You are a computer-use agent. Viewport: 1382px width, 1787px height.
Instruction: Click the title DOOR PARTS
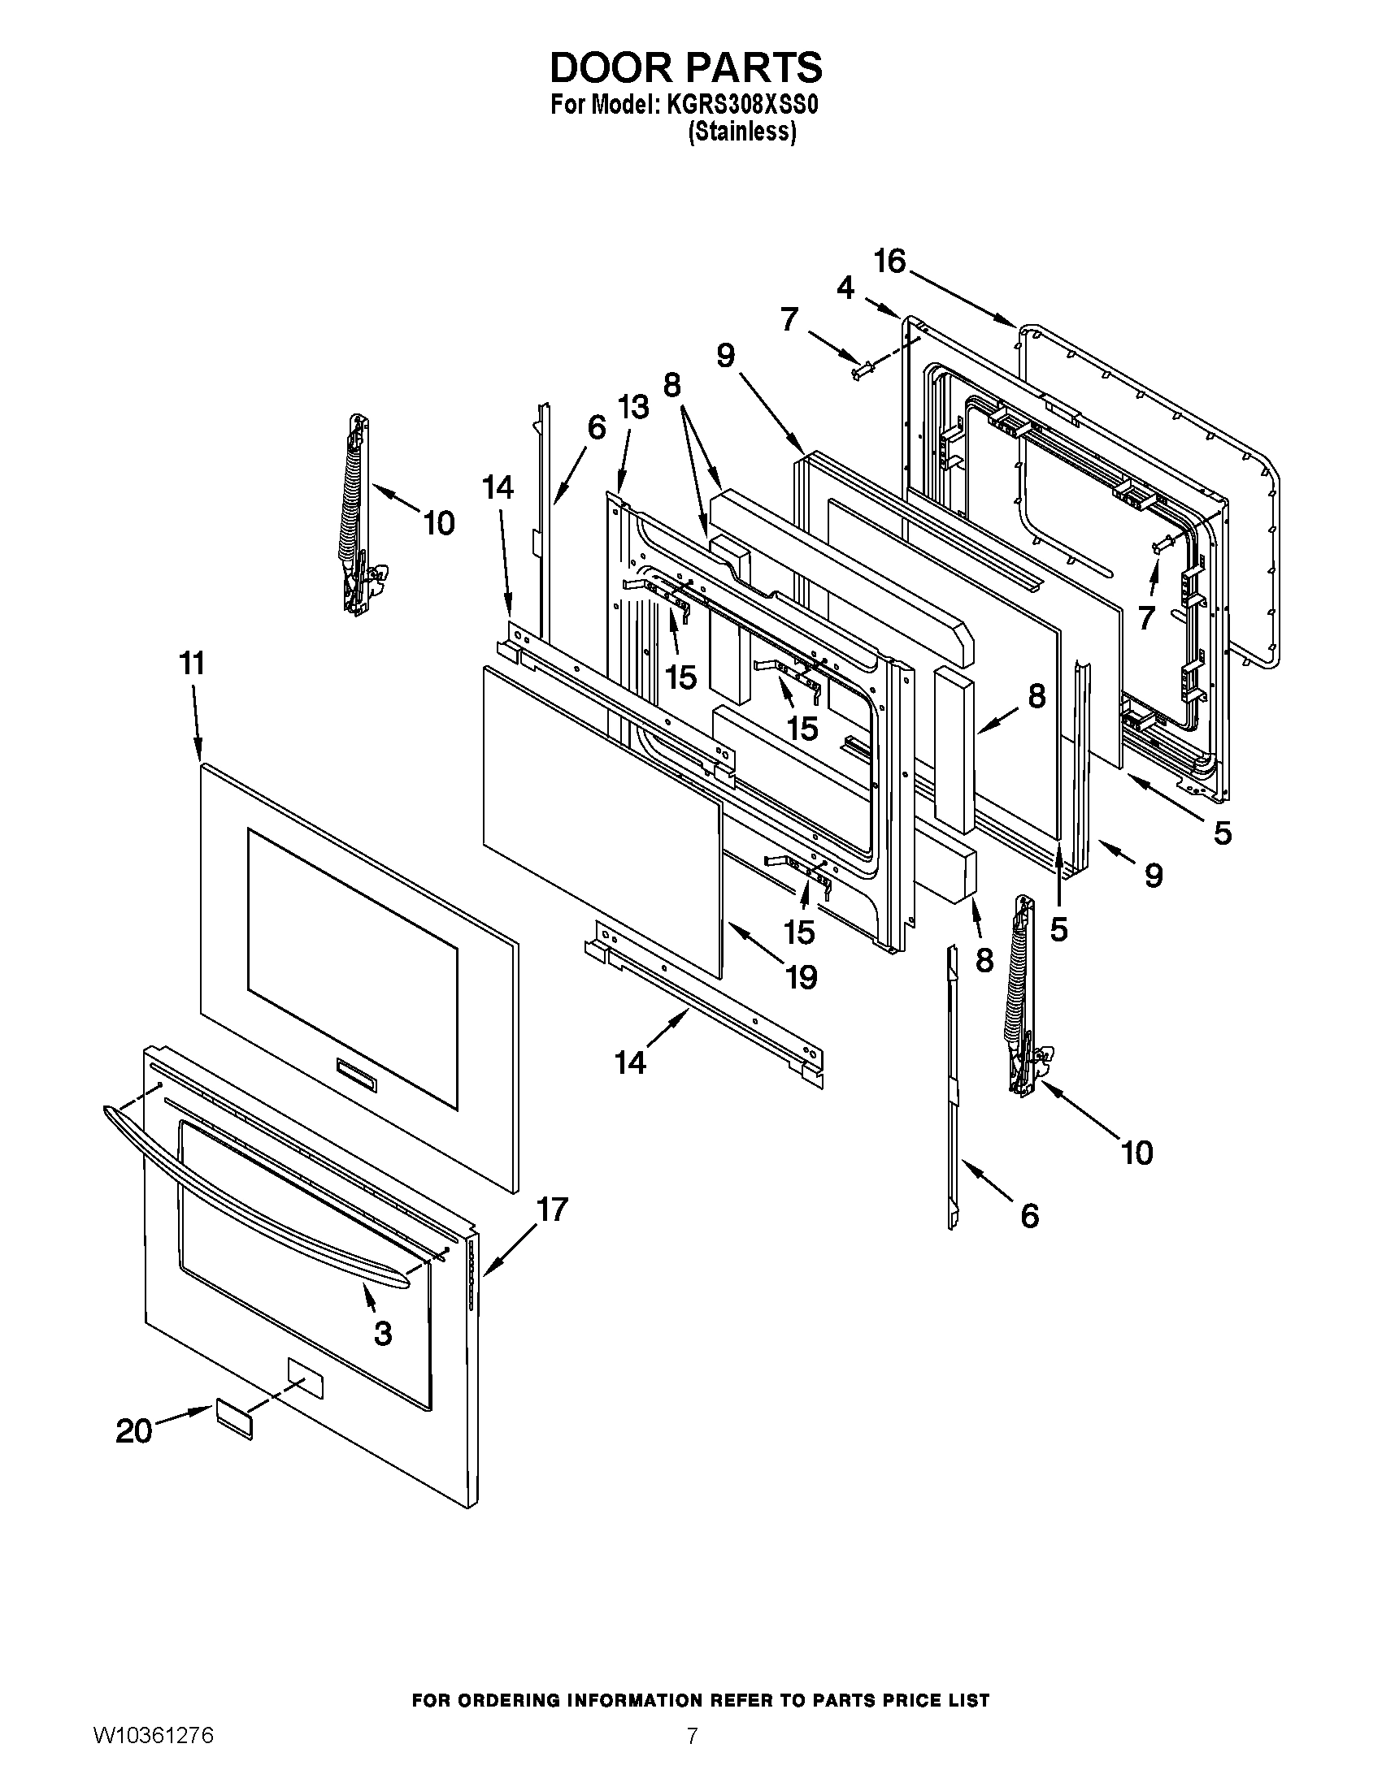685,68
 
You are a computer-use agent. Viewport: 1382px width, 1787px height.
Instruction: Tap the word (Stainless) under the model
741,132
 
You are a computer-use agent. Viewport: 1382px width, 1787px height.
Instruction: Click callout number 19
801,976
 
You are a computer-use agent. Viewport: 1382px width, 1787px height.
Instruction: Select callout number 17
553,1209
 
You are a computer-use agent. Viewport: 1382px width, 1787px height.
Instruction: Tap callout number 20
134,1431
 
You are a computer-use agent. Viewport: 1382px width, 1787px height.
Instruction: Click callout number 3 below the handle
382,1333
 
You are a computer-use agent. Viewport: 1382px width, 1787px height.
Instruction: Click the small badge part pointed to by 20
234,1418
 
